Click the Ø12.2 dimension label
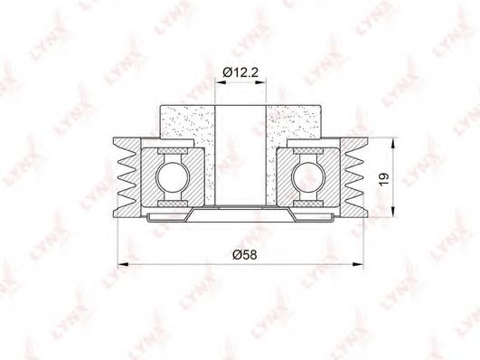(240, 72)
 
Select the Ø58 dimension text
(244, 254)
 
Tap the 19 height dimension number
(383, 179)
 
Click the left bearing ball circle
(173, 176)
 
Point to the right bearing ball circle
(308, 176)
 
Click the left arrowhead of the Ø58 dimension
(123, 264)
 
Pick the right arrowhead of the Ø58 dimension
(358, 264)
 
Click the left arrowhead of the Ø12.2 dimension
(221, 81)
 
